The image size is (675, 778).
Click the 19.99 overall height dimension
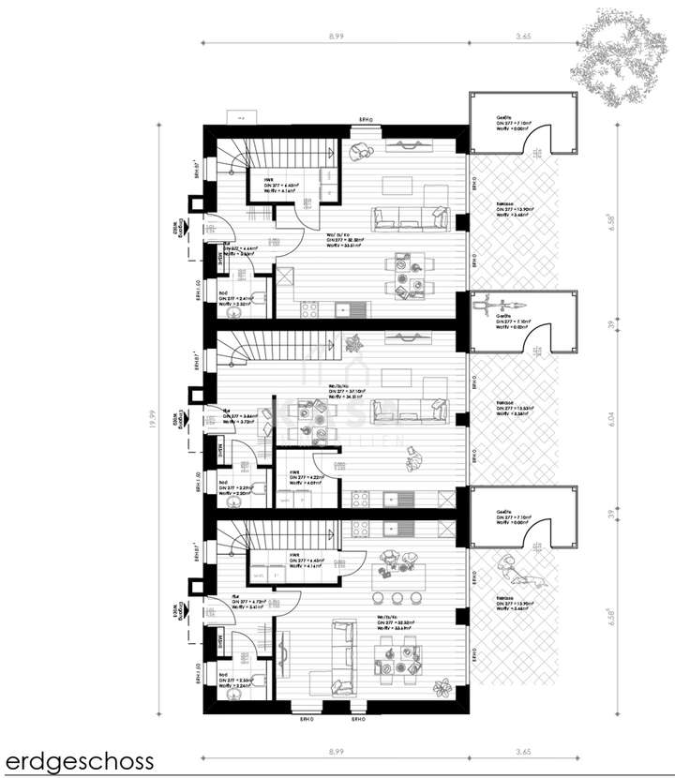[150, 423]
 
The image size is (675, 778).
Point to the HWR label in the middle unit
[294, 471]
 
